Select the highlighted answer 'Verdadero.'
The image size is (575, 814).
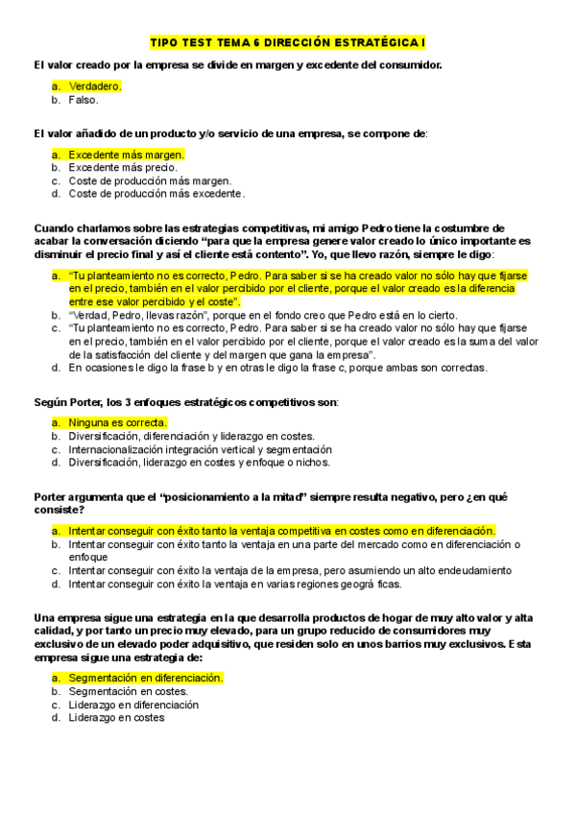point(95,85)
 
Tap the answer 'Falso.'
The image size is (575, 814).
point(84,99)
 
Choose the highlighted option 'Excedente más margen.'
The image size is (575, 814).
point(126,154)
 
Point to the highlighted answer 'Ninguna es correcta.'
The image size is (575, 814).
point(118,421)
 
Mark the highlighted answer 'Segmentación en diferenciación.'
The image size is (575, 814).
point(145,677)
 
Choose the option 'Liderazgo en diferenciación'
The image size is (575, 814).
point(133,704)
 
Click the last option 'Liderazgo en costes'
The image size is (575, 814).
point(116,717)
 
